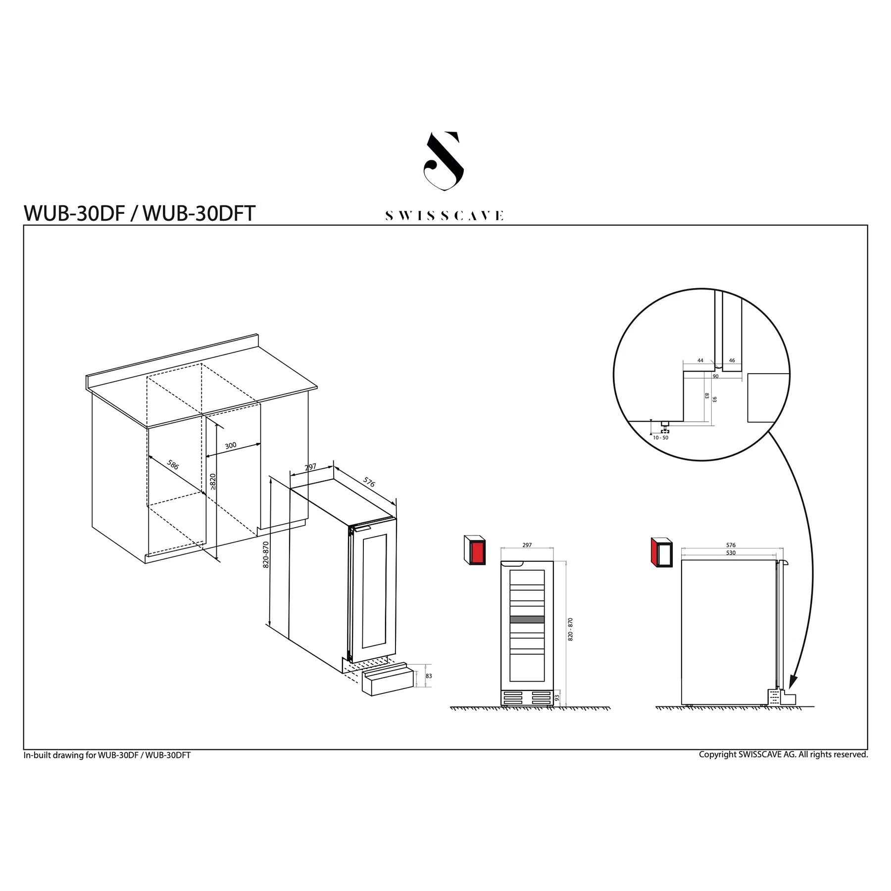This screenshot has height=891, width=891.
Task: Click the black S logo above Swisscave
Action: click(444, 161)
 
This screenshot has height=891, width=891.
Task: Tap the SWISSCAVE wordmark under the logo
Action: click(444, 216)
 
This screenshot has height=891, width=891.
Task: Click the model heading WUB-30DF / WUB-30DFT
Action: click(140, 213)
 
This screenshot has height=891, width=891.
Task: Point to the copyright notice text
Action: click(783, 754)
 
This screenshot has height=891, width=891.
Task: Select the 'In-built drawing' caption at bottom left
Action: click(107, 755)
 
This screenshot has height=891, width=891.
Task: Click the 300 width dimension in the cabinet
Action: click(231, 445)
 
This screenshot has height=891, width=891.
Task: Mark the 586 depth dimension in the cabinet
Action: click(173, 465)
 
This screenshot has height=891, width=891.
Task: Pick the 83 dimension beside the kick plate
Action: click(429, 676)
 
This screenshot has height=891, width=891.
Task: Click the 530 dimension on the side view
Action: click(731, 553)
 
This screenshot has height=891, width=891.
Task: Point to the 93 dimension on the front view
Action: click(557, 697)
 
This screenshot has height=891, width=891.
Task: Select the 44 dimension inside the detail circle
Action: click(700, 360)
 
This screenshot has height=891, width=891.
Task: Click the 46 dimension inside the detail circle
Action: click(732, 360)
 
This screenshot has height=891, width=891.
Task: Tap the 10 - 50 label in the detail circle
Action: click(660, 438)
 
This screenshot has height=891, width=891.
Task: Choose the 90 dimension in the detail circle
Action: click(715, 376)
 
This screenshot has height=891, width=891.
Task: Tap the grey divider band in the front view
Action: click(527, 619)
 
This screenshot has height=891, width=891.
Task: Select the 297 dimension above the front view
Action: click(527, 545)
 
